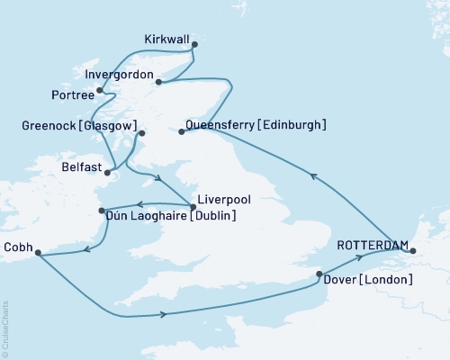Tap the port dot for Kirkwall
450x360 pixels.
click(x=194, y=43)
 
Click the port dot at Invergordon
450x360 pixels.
click(x=158, y=82)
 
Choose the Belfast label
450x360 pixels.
click(x=75, y=166)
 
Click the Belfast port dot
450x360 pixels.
click(x=108, y=172)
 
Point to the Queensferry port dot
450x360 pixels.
click(x=181, y=132)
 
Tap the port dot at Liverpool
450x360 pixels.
click(x=193, y=206)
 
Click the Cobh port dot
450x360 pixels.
click(x=38, y=253)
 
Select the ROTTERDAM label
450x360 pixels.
click(x=373, y=245)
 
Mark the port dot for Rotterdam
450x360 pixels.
click(x=413, y=251)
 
